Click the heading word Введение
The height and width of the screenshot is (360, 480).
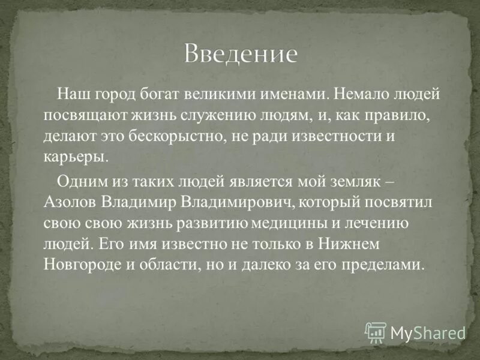[x=240, y=54]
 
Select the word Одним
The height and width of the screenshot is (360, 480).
[x=79, y=182]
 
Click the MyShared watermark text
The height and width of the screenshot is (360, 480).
[x=427, y=332]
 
